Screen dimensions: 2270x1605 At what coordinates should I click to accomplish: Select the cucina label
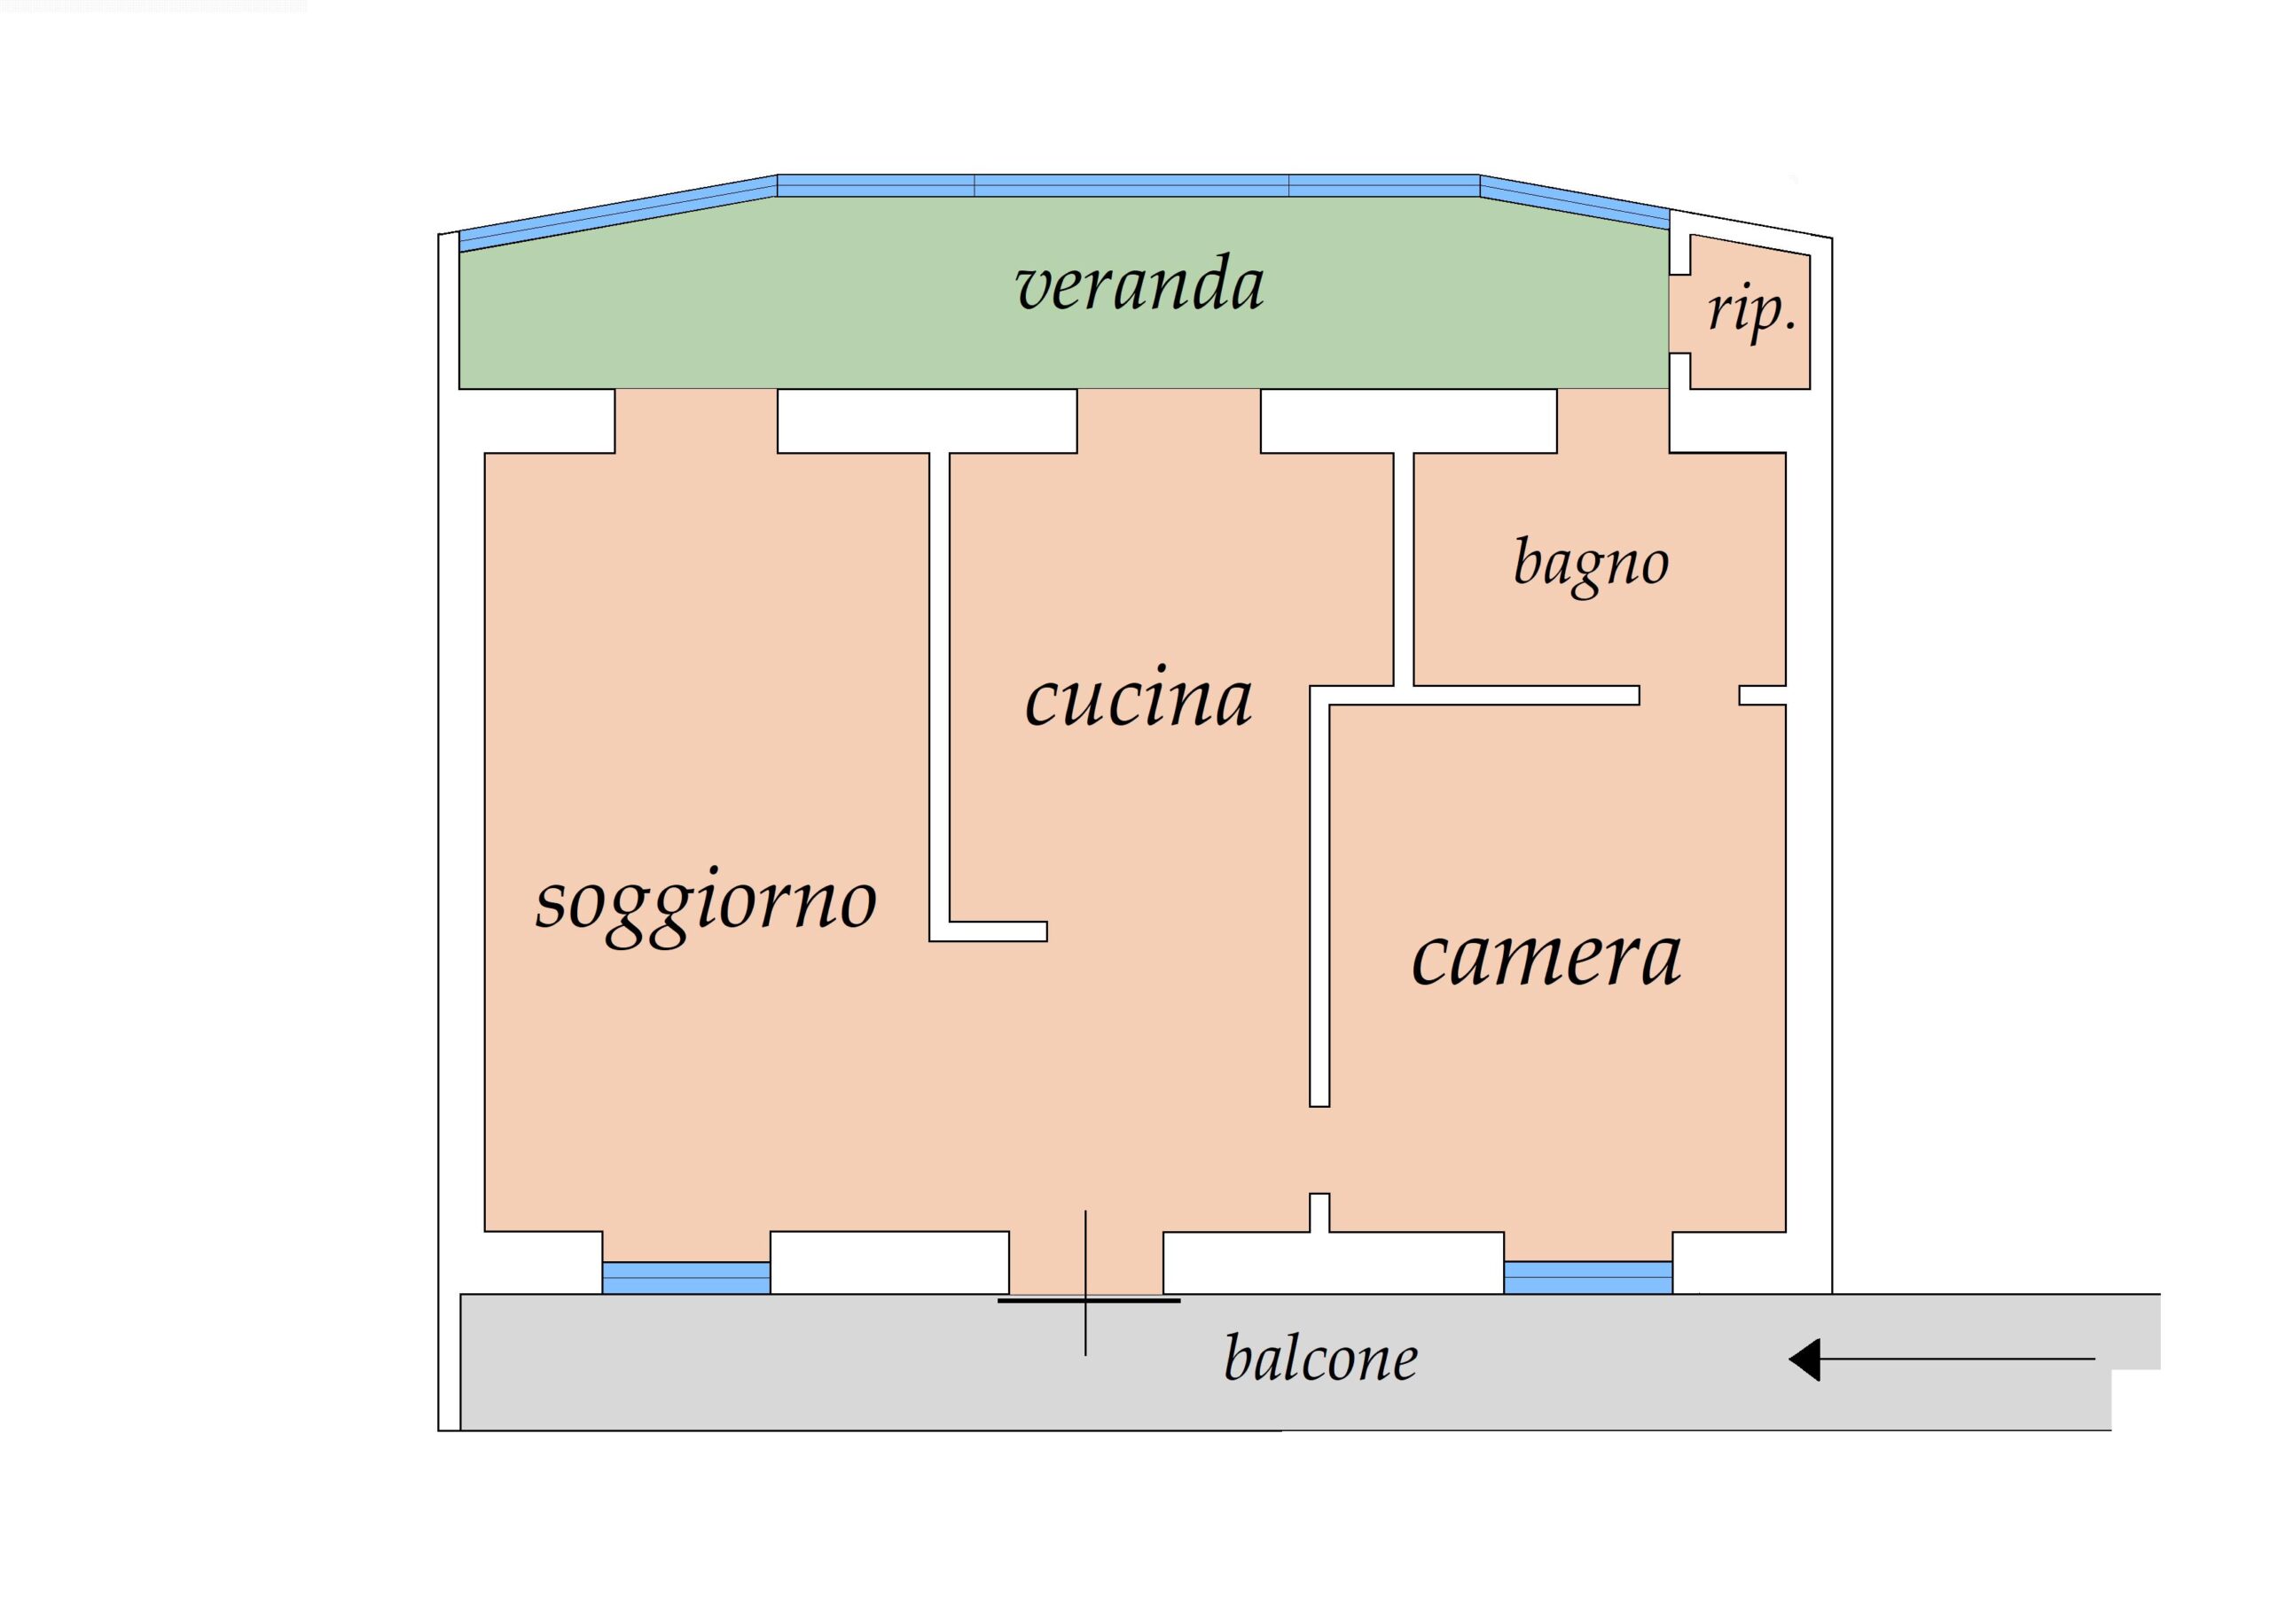pos(1139,697)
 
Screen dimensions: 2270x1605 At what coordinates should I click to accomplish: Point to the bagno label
pos(1591,565)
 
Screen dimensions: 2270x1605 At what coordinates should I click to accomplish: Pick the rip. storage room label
pos(1751,312)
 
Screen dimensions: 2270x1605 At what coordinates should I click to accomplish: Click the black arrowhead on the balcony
pos(1805,1359)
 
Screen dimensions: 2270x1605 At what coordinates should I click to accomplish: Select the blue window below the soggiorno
pos(686,1277)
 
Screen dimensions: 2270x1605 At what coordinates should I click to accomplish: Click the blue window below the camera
pos(1588,1277)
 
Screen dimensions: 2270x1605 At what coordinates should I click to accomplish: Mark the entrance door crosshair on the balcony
pos(1085,1301)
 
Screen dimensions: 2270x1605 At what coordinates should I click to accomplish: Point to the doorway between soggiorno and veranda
pos(696,420)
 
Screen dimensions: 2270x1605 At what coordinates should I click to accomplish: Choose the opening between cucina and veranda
pos(1169,420)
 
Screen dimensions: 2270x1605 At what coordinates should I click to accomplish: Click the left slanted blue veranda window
pos(619,213)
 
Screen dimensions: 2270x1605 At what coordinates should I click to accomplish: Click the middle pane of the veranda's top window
pos(1132,186)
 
